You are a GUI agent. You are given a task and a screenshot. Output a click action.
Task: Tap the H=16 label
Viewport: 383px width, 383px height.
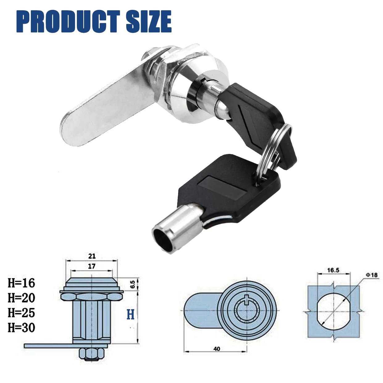[21, 283]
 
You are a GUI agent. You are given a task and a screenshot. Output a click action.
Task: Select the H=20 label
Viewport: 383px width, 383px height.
[21, 298]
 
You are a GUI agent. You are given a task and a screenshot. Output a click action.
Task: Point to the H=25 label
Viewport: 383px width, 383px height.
[21, 313]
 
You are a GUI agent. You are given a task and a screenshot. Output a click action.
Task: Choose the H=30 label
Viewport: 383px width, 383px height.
[21, 327]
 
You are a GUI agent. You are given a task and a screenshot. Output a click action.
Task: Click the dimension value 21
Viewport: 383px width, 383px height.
[92, 256]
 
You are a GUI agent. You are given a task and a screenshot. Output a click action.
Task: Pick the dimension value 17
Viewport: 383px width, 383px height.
[92, 266]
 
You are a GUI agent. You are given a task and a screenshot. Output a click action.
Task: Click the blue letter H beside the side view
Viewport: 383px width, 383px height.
[131, 315]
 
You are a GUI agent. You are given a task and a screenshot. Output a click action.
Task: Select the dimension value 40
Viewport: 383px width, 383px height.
[217, 349]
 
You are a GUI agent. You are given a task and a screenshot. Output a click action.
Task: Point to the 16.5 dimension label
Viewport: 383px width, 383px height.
[333, 270]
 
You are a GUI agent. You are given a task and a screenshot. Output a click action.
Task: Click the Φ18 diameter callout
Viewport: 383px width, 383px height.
[372, 274]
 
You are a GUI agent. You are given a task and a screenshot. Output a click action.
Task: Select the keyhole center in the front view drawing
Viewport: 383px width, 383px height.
[246, 310]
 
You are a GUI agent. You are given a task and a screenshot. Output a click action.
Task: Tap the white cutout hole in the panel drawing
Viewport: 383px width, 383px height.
[333, 310]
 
